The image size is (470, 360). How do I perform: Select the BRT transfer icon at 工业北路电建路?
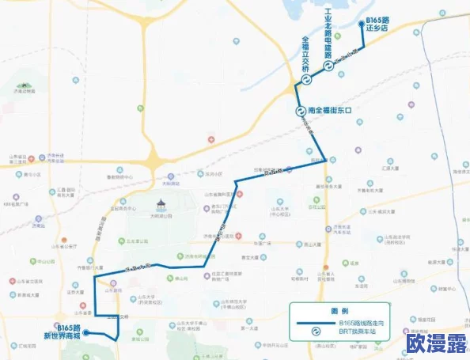(327, 67)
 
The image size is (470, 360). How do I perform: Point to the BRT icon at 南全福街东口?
(301, 112)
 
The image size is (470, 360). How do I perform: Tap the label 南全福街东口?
(334, 112)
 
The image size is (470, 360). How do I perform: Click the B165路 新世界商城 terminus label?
(63, 331)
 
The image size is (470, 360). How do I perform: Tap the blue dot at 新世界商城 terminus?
(88, 332)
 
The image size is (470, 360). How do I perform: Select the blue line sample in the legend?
(315, 324)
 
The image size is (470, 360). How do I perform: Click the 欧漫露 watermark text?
(434, 343)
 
